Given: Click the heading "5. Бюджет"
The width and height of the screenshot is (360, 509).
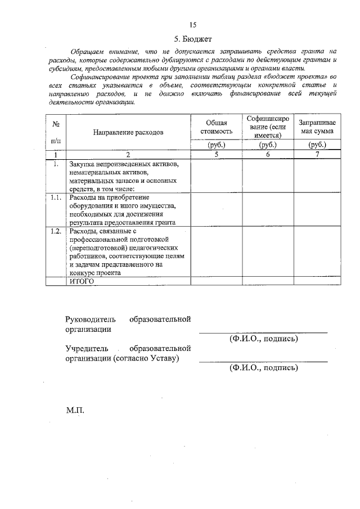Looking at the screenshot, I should point(192,39).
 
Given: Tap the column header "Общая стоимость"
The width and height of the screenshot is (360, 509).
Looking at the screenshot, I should point(216,127).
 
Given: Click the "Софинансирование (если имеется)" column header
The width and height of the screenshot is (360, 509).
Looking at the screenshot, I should point(268,127).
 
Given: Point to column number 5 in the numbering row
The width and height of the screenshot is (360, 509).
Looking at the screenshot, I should point(216,154).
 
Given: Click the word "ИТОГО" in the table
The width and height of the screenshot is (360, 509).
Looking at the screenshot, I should point(81,281).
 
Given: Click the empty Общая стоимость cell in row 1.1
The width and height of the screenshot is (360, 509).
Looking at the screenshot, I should point(216,209).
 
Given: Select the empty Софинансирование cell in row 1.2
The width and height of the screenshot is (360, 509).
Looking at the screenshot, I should point(268,251).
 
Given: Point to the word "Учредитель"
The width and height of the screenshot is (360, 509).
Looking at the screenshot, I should point(87,349).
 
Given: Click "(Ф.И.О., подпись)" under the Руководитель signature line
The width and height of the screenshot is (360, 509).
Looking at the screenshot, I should point(263,339).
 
